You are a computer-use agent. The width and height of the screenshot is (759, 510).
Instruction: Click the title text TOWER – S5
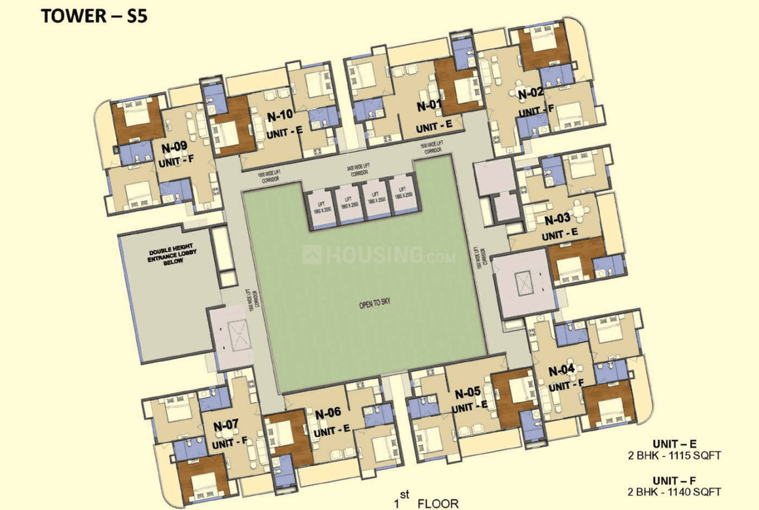pos(94,16)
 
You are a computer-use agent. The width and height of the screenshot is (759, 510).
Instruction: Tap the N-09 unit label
pos(175,147)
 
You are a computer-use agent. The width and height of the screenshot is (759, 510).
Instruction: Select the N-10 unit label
pos(280,116)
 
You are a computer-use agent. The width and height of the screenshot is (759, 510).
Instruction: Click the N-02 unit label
pos(531,94)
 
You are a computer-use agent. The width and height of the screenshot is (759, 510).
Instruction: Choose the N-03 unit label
pos(557,219)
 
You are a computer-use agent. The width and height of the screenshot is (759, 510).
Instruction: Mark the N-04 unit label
pos(561,370)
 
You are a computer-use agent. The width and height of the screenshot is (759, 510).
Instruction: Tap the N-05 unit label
pos(468,393)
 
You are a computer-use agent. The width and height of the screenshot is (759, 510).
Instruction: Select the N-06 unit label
pos(328,413)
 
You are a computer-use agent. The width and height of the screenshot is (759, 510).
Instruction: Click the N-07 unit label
pos(226,425)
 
